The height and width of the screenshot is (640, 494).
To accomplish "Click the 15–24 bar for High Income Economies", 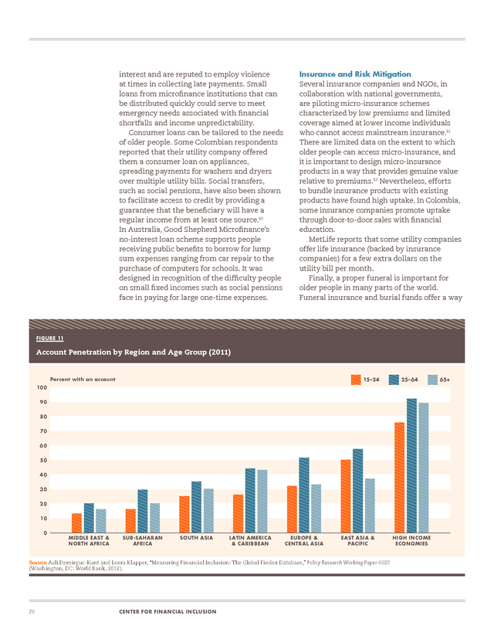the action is (x=399, y=478).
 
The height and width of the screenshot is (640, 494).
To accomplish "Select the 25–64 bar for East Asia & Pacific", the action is (x=358, y=491).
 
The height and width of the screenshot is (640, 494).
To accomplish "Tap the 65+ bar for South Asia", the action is (x=208, y=511).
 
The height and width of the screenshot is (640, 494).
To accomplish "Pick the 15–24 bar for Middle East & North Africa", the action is (x=76, y=523).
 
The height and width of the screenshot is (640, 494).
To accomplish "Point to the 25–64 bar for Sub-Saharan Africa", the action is (x=143, y=511).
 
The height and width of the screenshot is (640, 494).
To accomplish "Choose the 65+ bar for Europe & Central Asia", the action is (x=316, y=509).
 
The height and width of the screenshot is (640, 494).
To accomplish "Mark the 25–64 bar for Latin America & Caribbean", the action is (x=250, y=500).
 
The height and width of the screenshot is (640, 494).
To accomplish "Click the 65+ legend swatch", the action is (x=433, y=380).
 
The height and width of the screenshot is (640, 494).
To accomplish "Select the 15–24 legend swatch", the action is (x=356, y=380).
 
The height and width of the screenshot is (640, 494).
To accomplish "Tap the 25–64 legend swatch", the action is (x=394, y=380).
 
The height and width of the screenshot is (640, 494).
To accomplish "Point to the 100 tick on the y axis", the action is (x=42, y=387).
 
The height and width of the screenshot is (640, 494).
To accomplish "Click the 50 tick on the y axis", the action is (x=43, y=460).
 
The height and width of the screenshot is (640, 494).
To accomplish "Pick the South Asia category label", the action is (x=197, y=538).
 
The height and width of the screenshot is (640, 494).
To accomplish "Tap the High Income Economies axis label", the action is (x=411, y=541).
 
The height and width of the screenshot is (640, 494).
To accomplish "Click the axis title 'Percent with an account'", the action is (x=83, y=380).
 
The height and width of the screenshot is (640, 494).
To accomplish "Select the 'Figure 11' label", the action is (x=49, y=339).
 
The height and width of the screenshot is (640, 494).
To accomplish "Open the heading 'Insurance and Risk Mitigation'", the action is (x=355, y=74).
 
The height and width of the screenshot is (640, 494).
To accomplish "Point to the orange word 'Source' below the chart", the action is (x=38, y=563).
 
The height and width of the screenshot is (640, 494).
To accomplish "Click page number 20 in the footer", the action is (x=32, y=611).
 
